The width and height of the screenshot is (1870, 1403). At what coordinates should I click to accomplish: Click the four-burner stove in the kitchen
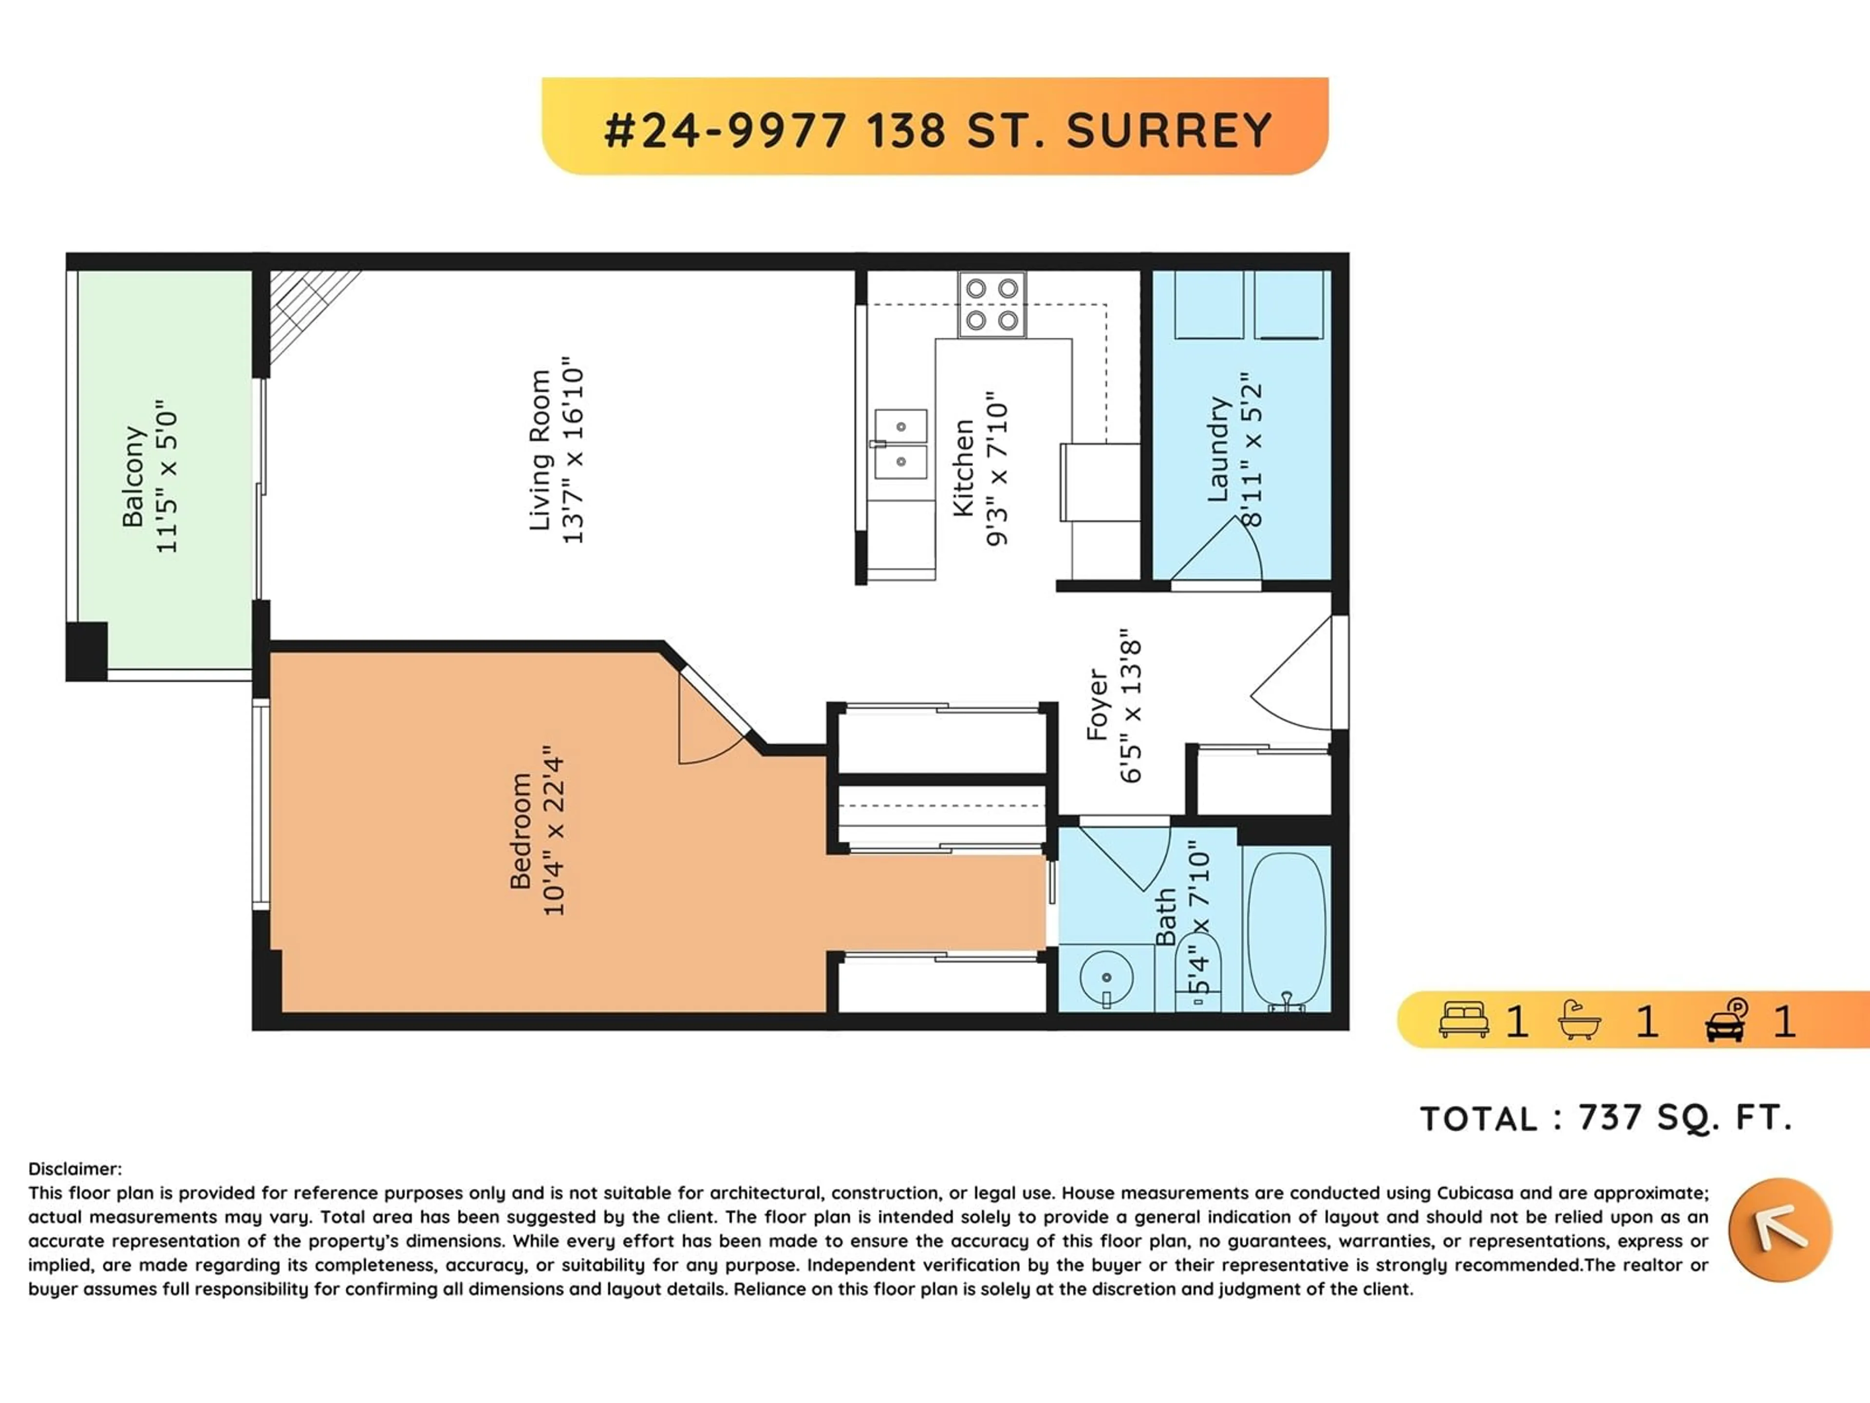pos(991,304)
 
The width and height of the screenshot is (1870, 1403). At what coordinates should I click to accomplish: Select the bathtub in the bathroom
pos(1286,931)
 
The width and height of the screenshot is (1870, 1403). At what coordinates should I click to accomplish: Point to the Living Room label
pos(540,450)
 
